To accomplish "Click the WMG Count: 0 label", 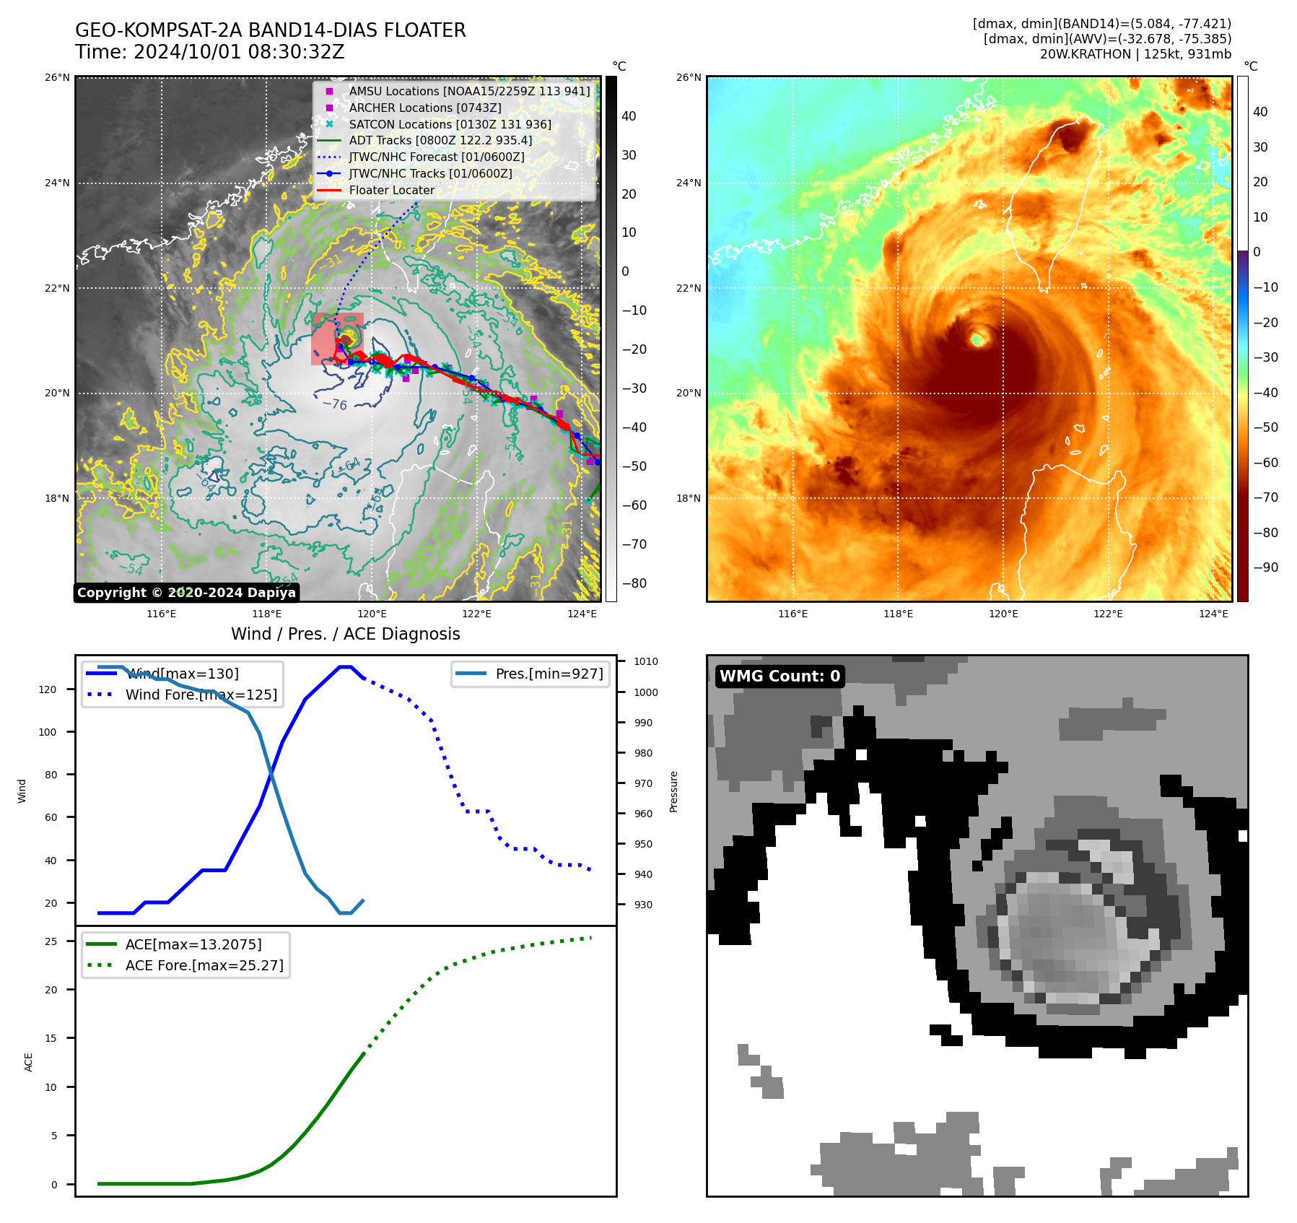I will [x=779, y=676].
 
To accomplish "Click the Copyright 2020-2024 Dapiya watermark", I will [x=186, y=593].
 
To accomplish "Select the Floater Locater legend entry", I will [x=391, y=191].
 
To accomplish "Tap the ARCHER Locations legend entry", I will [x=424, y=108].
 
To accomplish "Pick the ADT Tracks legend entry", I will [x=440, y=141].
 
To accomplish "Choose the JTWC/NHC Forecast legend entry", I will [x=436, y=157].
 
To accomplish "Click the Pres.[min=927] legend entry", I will [x=549, y=674].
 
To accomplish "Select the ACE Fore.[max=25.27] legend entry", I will [x=204, y=965].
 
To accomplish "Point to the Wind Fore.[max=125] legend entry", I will [x=201, y=695].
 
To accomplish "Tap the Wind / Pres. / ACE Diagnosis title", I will [x=345, y=634].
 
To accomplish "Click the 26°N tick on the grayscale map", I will [x=58, y=77].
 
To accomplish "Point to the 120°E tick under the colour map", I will [x=1003, y=614].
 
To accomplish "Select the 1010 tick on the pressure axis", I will [x=646, y=661].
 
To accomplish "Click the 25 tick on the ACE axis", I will [x=51, y=941].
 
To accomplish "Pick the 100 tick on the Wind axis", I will [x=47, y=732].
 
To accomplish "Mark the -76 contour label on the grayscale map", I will [x=335, y=405].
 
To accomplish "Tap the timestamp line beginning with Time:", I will [x=209, y=53].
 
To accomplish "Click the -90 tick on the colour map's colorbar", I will [x=1265, y=567].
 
